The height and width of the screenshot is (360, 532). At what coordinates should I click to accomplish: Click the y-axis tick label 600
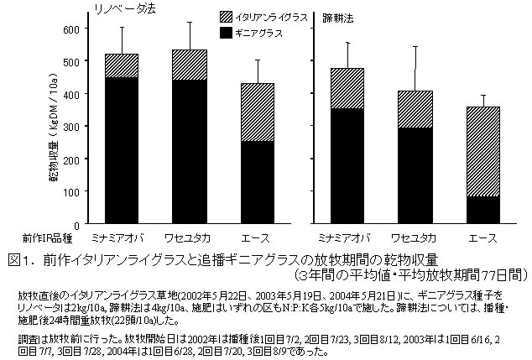click(x=69, y=29)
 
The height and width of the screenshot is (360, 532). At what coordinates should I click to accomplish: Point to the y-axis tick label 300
click(x=69, y=127)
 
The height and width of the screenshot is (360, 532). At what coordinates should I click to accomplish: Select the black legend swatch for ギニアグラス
click(x=232, y=32)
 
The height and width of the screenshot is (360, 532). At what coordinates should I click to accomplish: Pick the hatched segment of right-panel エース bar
click(x=482, y=151)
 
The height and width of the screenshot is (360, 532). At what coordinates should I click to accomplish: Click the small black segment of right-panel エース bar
click(x=482, y=210)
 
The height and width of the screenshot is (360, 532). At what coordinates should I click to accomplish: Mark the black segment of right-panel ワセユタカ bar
click(x=415, y=175)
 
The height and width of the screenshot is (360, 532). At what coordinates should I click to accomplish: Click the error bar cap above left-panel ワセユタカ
click(x=189, y=23)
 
